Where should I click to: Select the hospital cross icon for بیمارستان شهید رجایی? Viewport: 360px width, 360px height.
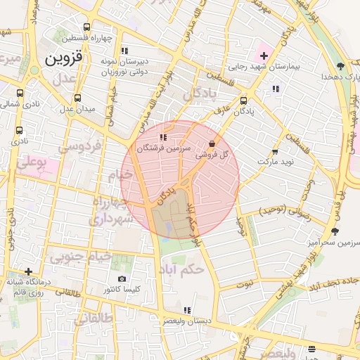[264, 55]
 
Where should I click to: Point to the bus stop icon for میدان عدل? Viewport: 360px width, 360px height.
[77, 98]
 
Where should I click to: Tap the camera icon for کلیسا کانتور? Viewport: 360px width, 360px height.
[122, 278]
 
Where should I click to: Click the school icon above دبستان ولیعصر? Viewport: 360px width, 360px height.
[186, 310]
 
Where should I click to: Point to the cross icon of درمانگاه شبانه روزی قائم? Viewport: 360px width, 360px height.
[28, 271]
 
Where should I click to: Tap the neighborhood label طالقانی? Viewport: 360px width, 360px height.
[93, 321]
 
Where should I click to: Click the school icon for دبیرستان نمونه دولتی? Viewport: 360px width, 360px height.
[124, 51]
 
